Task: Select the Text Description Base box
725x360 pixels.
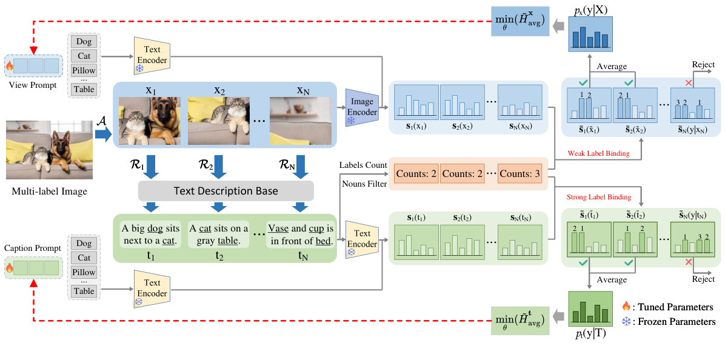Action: point(226,191)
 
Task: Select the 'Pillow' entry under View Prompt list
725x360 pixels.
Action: point(84,70)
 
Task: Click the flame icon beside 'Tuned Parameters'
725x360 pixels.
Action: point(627,307)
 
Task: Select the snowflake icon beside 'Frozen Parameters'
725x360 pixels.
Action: point(627,321)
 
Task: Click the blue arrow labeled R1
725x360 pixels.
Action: point(149,167)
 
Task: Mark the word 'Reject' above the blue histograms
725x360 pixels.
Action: point(703,65)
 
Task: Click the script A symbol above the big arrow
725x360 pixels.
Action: point(101,122)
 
